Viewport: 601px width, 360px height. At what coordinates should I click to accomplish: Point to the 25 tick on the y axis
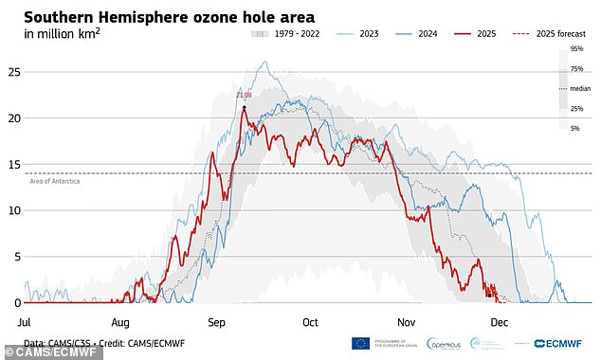point(13,71)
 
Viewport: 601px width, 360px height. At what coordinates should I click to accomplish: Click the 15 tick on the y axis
point(13,164)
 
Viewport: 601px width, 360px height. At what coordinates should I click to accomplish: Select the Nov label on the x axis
point(406,322)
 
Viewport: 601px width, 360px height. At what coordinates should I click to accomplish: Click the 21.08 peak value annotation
point(245,95)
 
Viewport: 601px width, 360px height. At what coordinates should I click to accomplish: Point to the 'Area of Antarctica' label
point(55,180)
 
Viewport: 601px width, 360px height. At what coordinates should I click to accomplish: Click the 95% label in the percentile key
point(575,47)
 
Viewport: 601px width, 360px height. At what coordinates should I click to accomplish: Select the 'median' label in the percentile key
point(578,88)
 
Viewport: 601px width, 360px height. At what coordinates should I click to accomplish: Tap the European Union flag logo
point(360,343)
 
